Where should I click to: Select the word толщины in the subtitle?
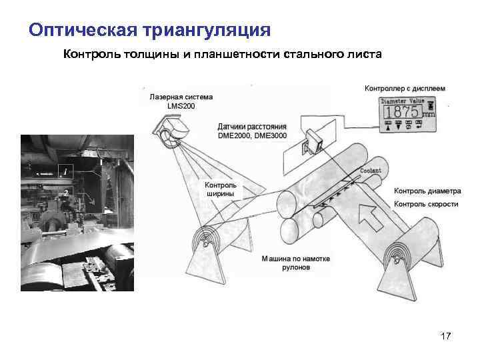click(x=147, y=54)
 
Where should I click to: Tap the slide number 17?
click(x=446, y=337)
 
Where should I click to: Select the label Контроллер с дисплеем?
click(x=405, y=88)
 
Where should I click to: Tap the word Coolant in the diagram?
click(x=371, y=171)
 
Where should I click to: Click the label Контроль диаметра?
click(x=427, y=191)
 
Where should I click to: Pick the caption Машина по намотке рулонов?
click(x=295, y=262)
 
